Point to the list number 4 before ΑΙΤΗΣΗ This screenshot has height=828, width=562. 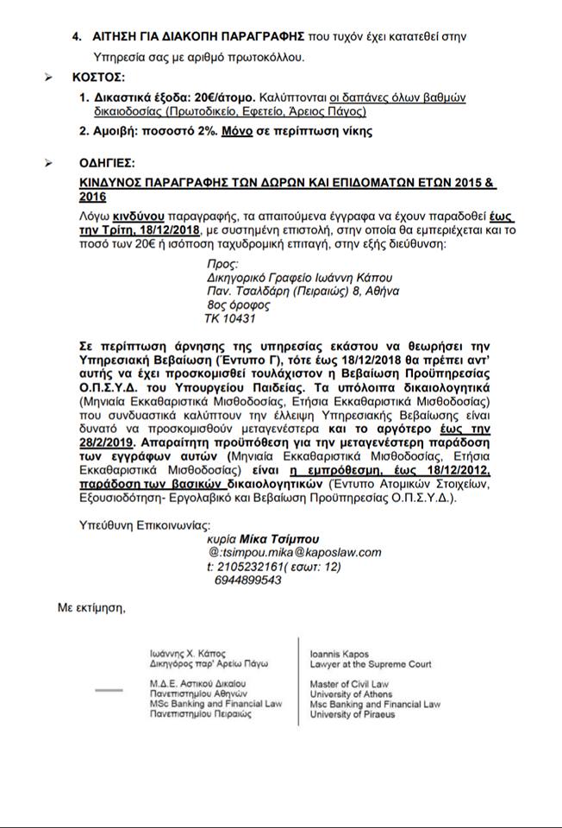pos(77,37)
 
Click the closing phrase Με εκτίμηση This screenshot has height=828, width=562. pos(91,609)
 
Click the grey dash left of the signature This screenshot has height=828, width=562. pos(109,690)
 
